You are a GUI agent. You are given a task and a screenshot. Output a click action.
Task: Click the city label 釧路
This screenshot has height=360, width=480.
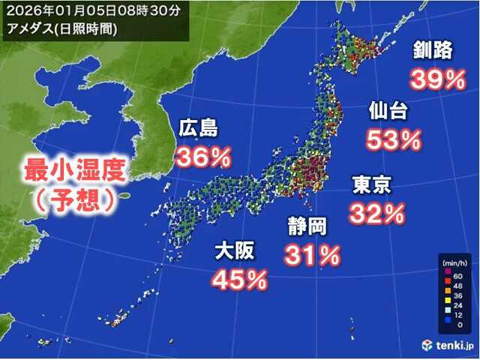(x=432, y=52)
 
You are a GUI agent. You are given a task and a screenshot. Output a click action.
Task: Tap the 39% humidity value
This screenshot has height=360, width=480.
(x=436, y=79)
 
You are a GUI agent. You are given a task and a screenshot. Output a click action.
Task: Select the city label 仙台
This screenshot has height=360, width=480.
(x=388, y=111)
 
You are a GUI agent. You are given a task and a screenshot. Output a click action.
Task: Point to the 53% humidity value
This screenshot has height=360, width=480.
(x=393, y=139)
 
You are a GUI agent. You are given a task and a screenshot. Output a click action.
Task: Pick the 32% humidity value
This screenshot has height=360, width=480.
(x=376, y=213)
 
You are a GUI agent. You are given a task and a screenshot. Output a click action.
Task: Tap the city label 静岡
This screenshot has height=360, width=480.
(x=306, y=226)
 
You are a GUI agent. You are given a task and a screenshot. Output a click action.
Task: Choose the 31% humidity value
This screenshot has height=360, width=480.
(x=311, y=255)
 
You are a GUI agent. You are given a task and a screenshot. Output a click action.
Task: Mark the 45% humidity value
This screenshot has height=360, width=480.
(x=239, y=279)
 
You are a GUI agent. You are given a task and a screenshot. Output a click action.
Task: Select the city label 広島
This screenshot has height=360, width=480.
(x=198, y=129)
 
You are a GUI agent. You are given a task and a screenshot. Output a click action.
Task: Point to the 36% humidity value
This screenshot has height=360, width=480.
(x=202, y=157)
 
